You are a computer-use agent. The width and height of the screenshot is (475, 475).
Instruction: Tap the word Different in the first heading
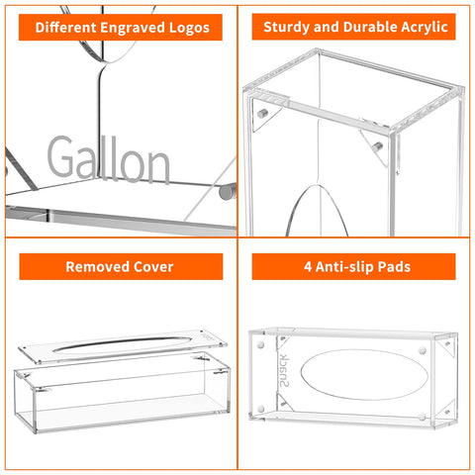click(x=70, y=28)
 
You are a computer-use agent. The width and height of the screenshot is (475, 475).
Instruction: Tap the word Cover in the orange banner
click(x=152, y=266)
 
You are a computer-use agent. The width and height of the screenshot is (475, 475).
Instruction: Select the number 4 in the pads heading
click(x=298, y=266)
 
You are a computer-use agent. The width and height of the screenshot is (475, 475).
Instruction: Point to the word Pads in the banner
click(x=399, y=266)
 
